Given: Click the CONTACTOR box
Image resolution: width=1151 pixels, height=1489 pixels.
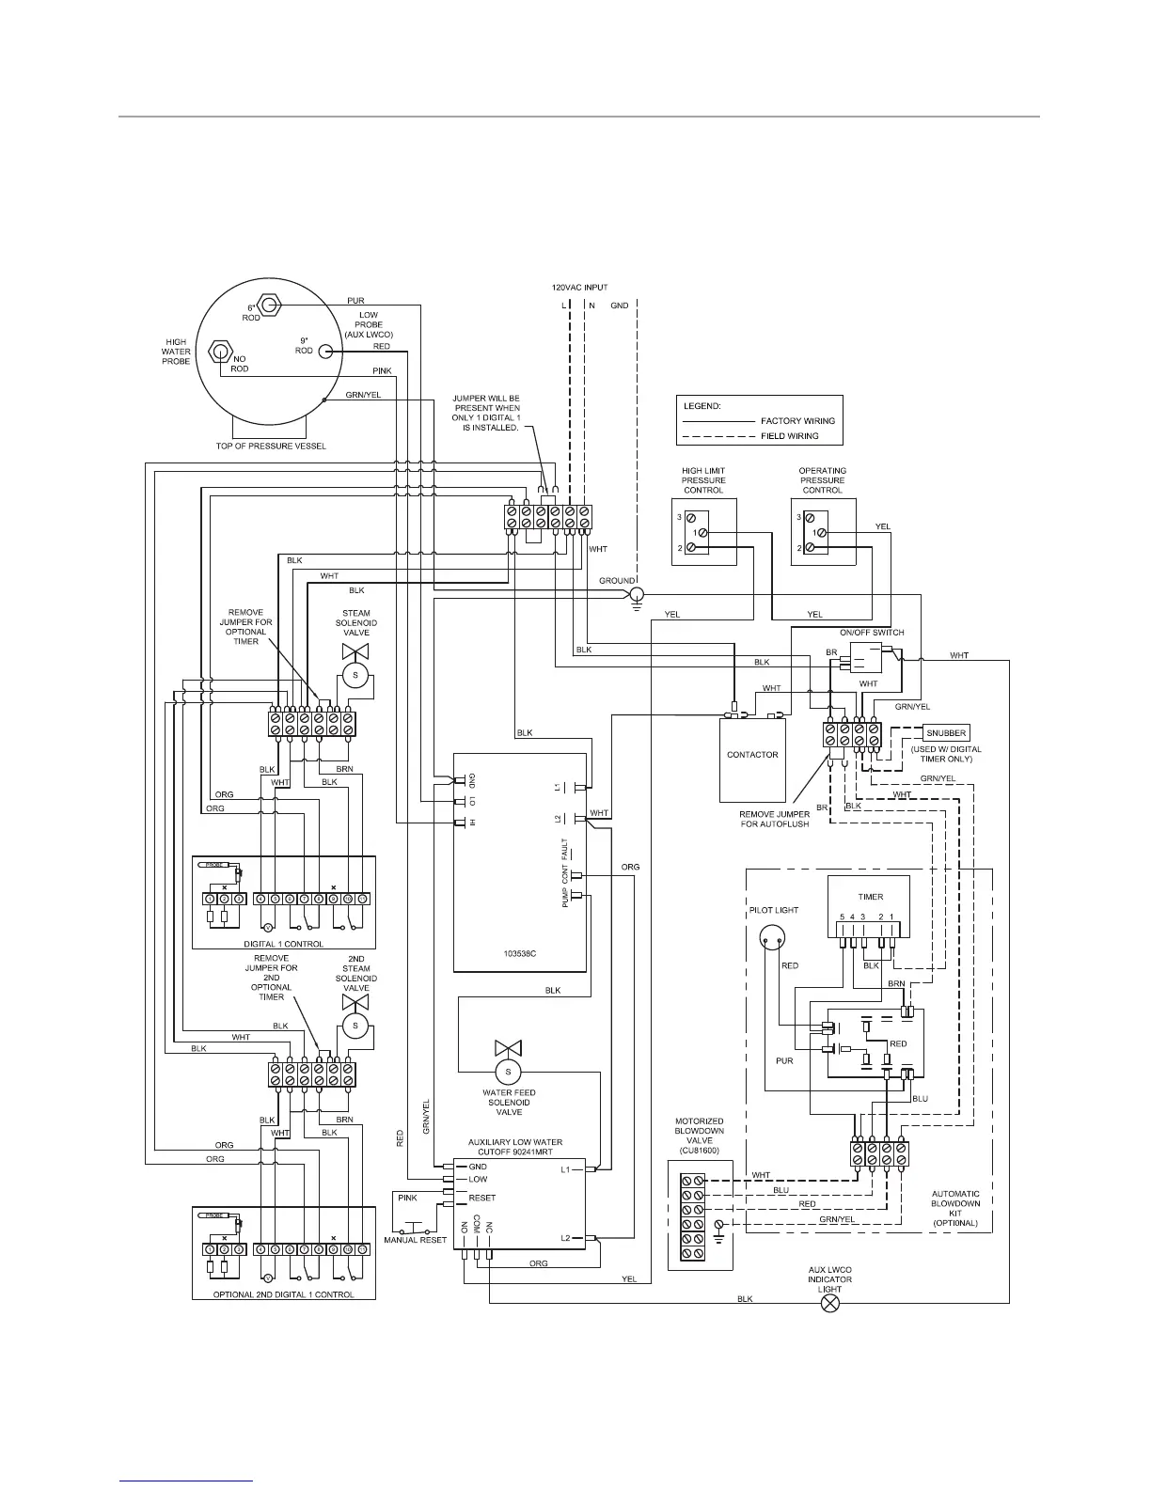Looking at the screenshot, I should coord(752,754).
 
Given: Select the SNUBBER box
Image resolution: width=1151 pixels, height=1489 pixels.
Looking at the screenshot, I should coord(945,733).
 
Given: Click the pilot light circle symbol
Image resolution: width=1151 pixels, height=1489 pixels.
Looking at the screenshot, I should coord(774,937).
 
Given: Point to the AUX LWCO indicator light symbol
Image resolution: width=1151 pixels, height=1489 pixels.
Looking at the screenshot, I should coord(830,1304).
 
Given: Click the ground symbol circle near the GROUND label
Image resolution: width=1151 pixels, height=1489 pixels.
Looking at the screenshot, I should coord(636,595).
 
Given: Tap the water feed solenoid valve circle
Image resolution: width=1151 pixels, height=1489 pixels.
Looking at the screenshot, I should coord(509,1072).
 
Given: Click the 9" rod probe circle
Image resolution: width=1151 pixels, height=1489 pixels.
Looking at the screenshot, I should coord(325,352).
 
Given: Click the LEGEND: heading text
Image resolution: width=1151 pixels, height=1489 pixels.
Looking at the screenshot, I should coord(702,406).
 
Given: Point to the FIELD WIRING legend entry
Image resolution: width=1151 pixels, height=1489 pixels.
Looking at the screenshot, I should coord(789,436).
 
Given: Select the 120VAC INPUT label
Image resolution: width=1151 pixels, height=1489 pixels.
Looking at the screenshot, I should coord(579,287).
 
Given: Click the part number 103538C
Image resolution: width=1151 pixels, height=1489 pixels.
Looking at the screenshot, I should coord(519,952).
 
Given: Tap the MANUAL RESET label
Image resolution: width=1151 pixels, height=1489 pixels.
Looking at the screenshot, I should coord(415,1240).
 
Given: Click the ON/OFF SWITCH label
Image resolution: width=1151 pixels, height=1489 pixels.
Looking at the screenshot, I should coord(872,633).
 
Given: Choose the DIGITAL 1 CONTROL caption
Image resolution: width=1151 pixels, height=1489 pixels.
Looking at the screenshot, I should coord(283,944).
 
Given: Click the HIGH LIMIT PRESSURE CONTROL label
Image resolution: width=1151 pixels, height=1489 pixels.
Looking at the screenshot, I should coord(703,480).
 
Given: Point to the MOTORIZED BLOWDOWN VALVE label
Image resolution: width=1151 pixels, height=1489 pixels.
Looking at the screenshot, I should coord(700,1131).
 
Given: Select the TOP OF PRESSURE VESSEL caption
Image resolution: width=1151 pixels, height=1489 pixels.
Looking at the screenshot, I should coord(271,446).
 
